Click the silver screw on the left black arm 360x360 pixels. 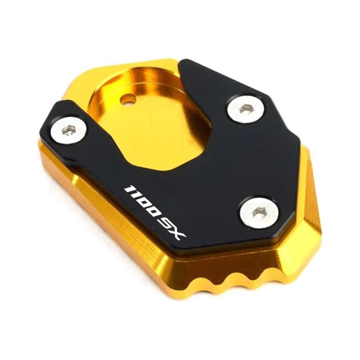point(69,129)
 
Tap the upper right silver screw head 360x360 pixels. point(245,109)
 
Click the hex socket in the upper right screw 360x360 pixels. point(245,109)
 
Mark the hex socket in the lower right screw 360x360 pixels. point(259,212)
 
